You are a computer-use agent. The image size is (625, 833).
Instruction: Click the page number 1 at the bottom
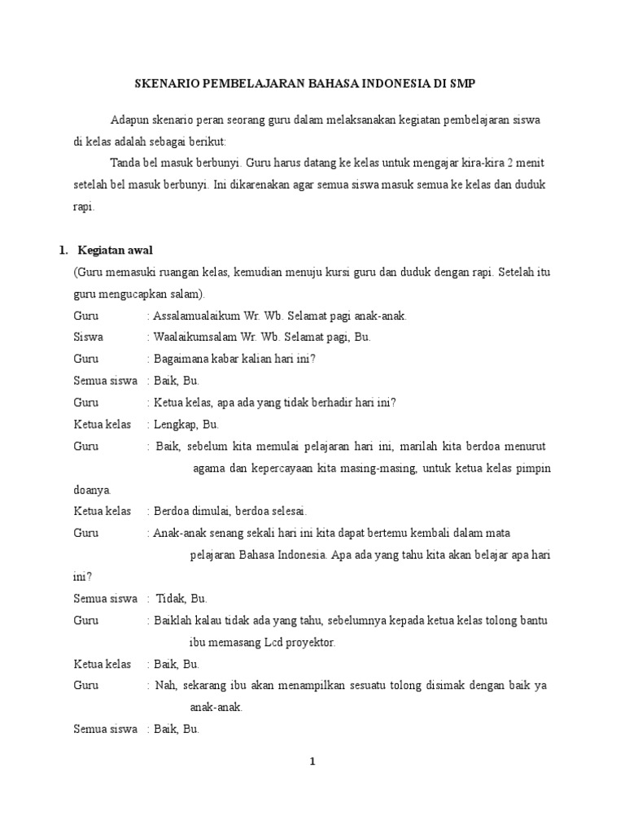tap(312, 761)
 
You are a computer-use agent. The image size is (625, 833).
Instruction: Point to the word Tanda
tap(125, 163)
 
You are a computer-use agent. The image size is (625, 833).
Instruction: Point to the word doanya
tap(91, 490)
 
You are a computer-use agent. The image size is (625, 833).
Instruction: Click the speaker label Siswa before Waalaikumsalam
tap(88, 337)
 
